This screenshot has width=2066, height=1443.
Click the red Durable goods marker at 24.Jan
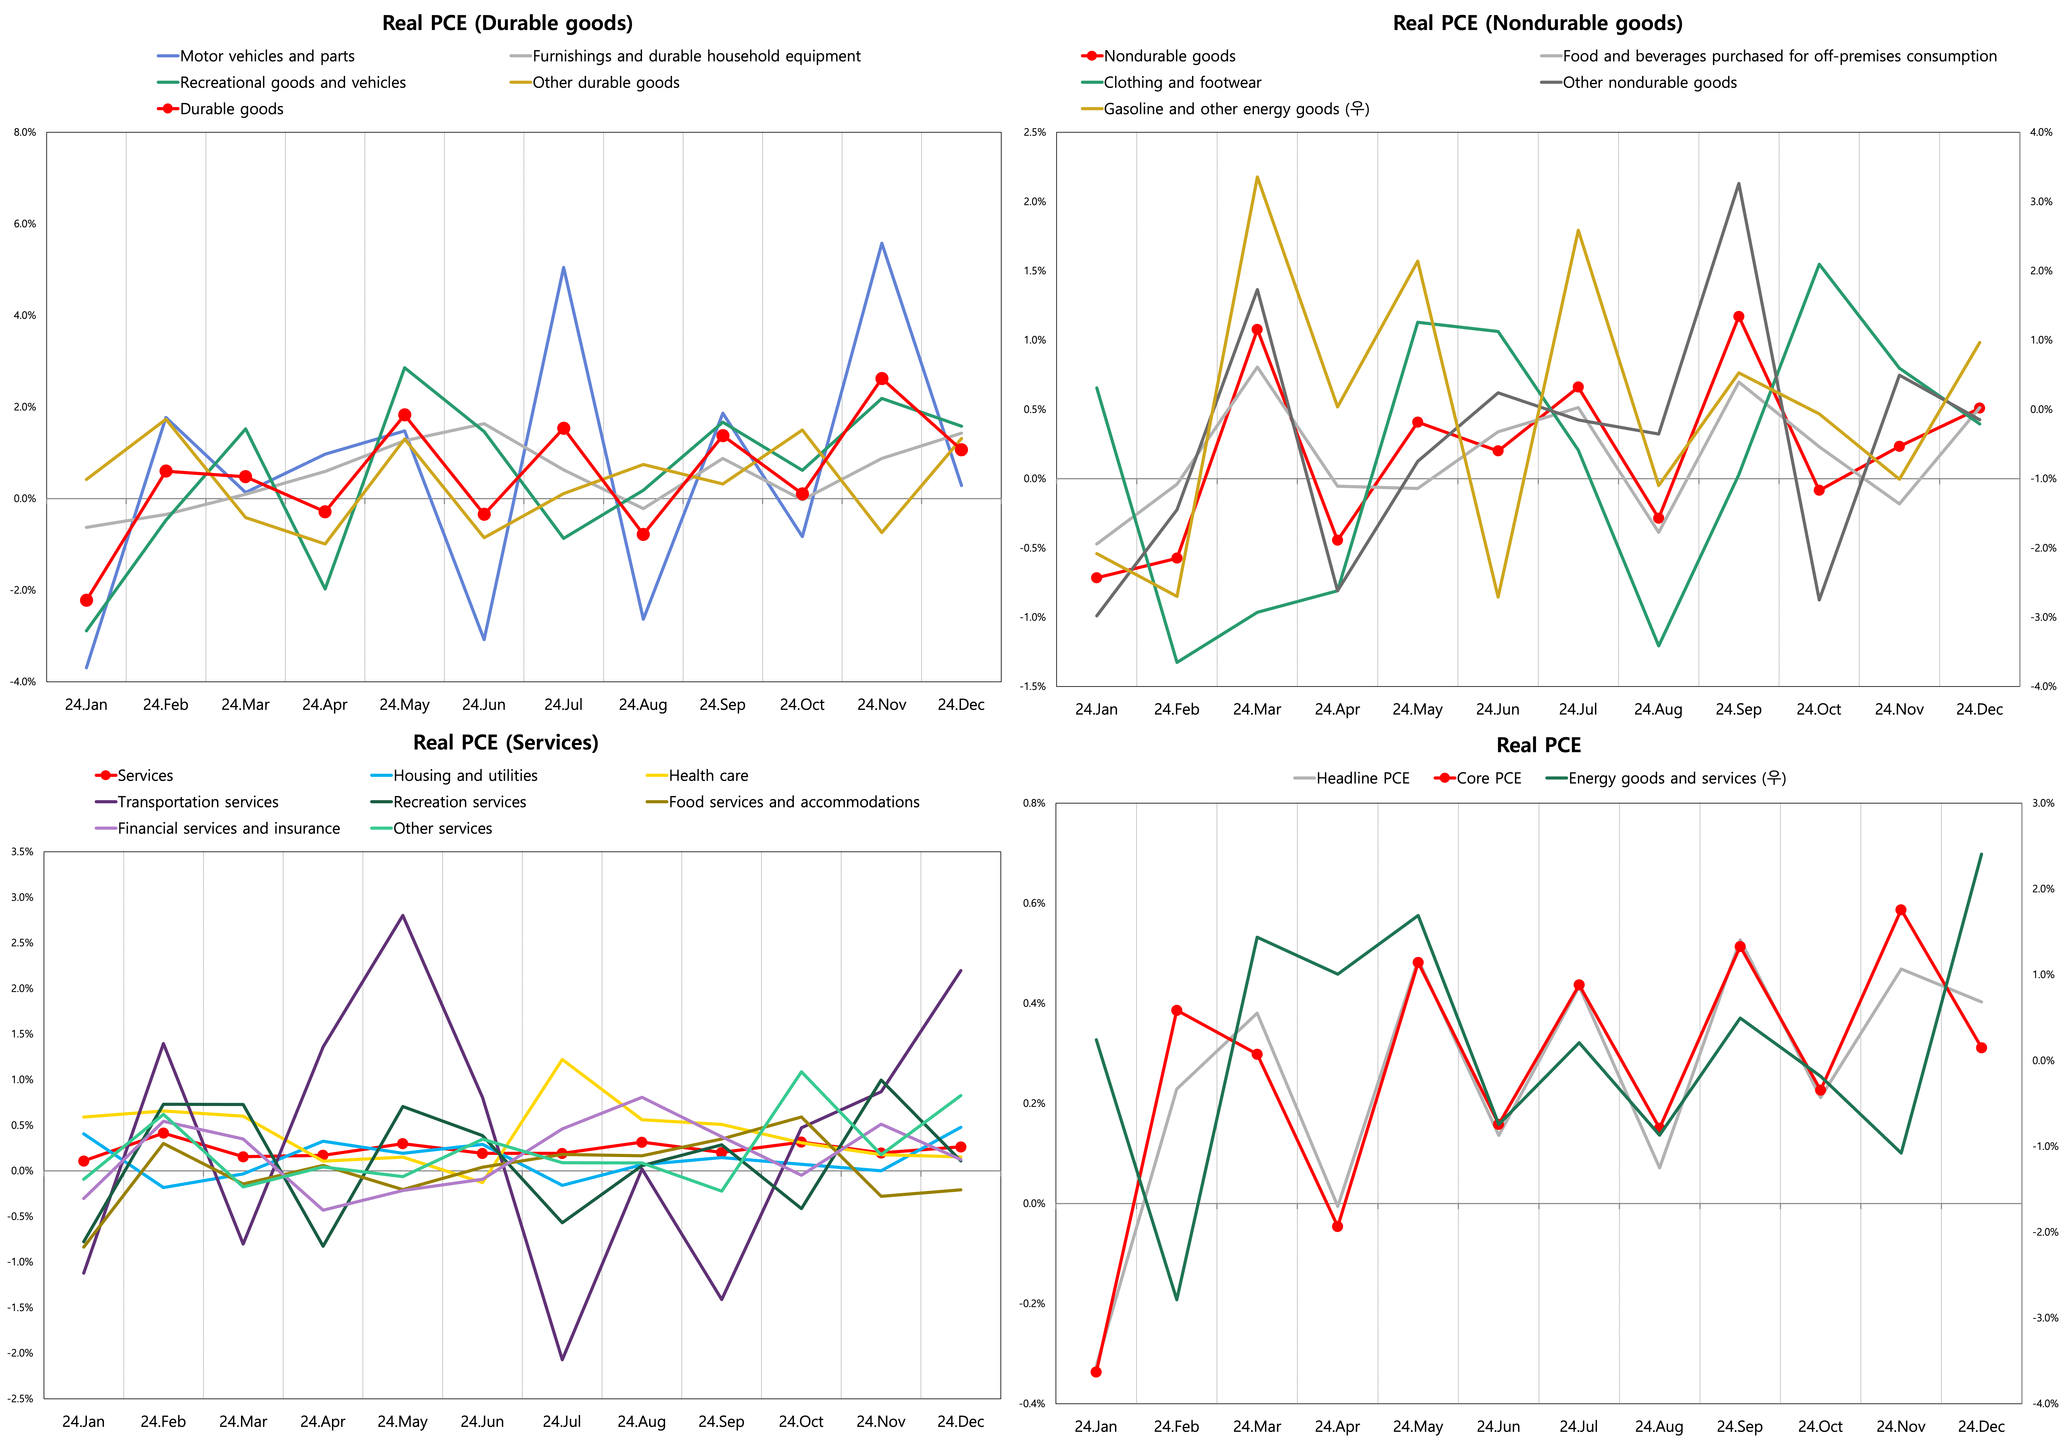86,600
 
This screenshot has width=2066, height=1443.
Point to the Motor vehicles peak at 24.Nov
882,243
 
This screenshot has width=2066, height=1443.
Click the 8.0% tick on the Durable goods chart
24,132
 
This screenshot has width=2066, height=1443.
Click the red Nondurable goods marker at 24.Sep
1738,317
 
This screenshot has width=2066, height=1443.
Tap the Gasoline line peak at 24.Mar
1257,177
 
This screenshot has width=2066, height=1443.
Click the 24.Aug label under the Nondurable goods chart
1658,709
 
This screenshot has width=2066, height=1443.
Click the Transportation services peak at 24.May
402,916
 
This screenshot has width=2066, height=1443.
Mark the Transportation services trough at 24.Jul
562,1359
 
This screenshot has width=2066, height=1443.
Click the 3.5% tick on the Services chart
21,851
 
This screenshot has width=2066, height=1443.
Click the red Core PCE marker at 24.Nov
1901,910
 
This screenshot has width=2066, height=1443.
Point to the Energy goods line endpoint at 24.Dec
1980,854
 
